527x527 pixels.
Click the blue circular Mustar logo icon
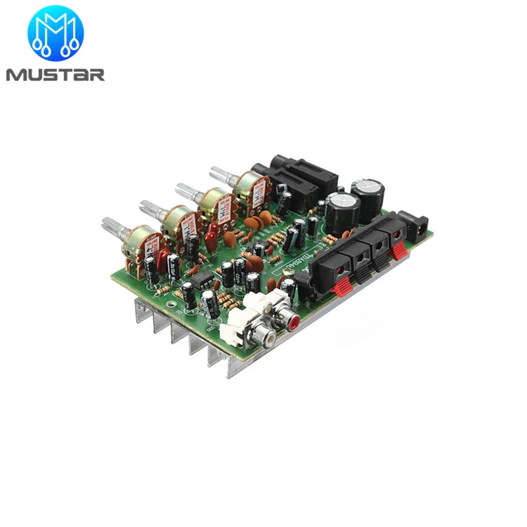click(x=55, y=33)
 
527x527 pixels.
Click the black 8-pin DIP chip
click(x=202, y=280)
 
